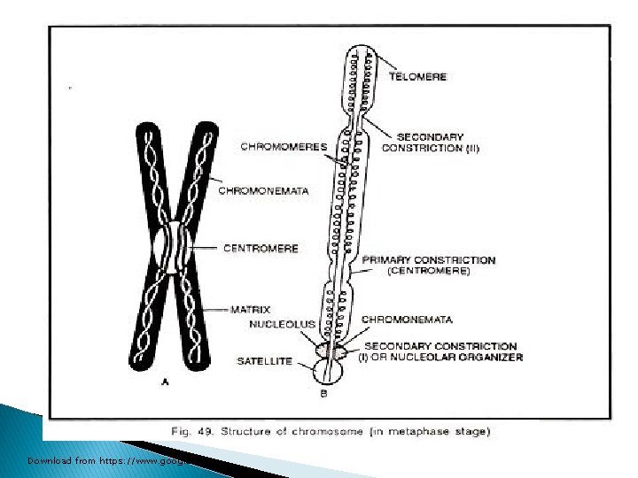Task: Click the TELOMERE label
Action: click(x=418, y=77)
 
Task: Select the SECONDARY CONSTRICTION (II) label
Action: click(x=431, y=143)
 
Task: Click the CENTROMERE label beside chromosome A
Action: click(x=261, y=249)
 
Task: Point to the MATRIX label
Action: click(x=251, y=310)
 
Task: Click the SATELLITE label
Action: click(x=264, y=361)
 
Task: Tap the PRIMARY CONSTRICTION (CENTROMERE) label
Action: click(x=429, y=266)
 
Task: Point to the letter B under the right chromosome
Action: click(x=323, y=393)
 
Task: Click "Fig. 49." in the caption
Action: click(x=191, y=431)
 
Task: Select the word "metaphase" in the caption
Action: click(x=419, y=431)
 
